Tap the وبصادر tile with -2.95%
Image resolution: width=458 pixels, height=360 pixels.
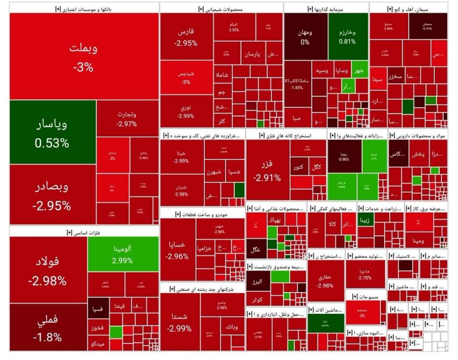[x=52, y=195]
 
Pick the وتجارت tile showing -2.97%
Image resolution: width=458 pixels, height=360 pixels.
[x=127, y=118]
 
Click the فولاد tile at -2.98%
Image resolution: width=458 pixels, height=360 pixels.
[x=48, y=270]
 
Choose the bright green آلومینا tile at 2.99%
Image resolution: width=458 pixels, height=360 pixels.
[x=123, y=254]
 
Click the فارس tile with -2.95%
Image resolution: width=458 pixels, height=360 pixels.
[x=186, y=37]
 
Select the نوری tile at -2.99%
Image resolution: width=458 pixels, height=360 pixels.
[x=186, y=111]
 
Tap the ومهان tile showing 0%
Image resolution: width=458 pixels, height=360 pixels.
[x=305, y=37]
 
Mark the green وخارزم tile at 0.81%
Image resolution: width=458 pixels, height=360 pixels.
[x=347, y=37]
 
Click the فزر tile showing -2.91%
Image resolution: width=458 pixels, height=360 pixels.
[x=267, y=170]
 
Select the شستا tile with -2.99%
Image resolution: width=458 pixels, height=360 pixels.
[x=179, y=322]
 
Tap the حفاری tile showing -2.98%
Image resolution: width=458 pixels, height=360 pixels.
[x=325, y=281]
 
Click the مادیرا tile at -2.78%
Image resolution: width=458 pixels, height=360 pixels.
[x=365, y=274]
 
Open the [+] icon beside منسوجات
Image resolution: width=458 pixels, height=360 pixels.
[x=355, y=296]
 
